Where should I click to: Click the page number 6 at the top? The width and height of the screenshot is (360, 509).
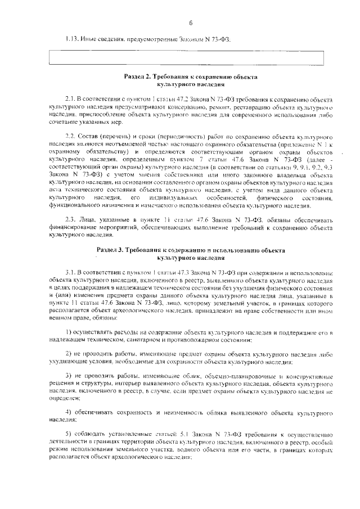[x=191, y=23]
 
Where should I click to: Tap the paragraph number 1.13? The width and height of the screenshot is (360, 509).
[x=71, y=39]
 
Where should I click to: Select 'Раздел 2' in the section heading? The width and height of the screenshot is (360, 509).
[x=138, y=76]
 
